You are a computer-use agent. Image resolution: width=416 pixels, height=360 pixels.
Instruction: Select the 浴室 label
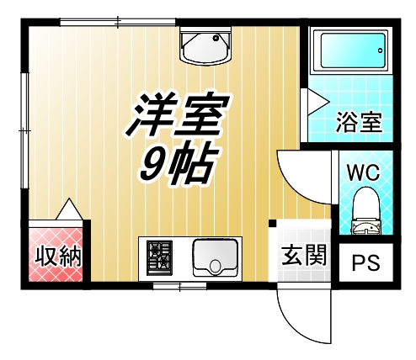360,122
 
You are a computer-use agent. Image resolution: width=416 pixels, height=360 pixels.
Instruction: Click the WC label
364,172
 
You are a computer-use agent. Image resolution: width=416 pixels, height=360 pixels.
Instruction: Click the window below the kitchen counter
179,287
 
